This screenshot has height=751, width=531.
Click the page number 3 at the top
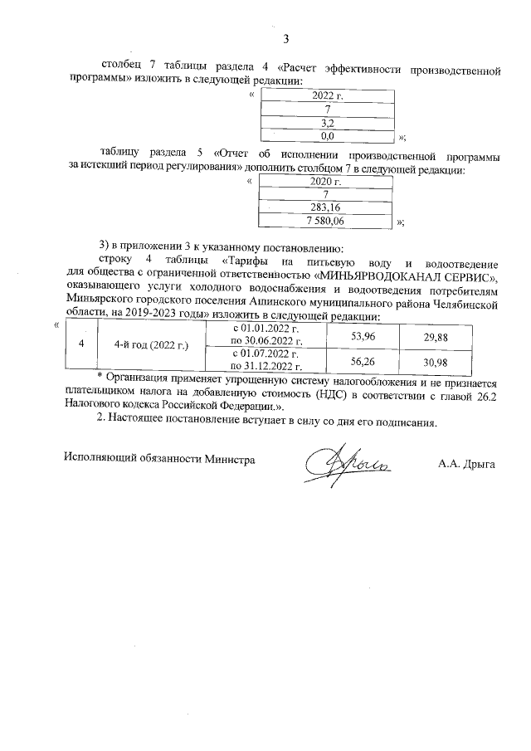tap(287, 38)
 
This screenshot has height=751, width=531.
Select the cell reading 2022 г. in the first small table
tap(327, 96)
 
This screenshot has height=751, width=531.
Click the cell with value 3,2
tap(327, 122)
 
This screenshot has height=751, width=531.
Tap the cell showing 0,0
tap(327, 134)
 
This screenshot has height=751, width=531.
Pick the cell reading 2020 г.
tap(325, 182)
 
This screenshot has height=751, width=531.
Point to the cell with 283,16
tap(325, 207)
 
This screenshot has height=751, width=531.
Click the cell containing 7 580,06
tap(325, 221)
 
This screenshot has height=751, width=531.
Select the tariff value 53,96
tap(363, 337)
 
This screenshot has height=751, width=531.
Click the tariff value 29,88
tap(435, 337)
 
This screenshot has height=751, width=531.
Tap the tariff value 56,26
tap(363, 362)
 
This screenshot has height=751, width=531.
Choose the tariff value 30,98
tap(435, 362)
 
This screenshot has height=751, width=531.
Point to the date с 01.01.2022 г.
tap(266, 329)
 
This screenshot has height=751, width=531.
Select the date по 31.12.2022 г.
tap(266, 367)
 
